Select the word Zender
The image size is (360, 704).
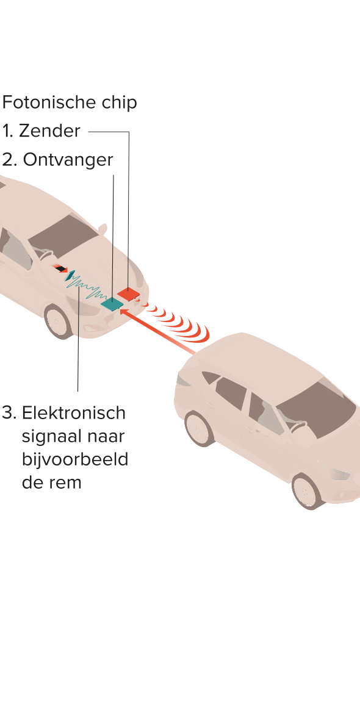[x=49, y=131]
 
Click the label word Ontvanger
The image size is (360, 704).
[x=68, y=159]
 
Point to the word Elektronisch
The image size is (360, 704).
[x=74, y=412]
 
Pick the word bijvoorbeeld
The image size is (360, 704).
[x=75, y=459]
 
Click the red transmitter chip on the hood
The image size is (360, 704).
[x=128, y=294]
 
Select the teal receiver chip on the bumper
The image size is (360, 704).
[x=112, y=304]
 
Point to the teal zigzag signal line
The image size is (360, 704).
[x=87, y=288]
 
